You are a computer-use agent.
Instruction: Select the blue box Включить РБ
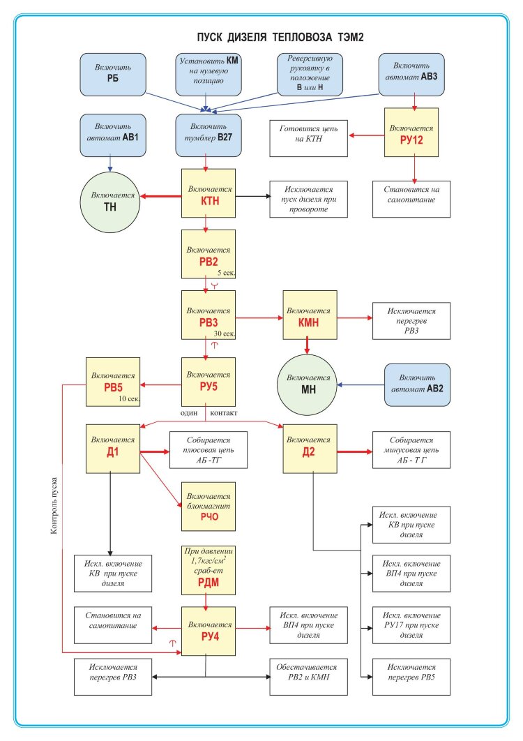[112, 75]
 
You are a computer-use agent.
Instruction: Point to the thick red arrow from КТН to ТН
[161, 197]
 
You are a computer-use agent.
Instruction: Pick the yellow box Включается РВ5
[112, 382]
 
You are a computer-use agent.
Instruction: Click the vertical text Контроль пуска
[54, 507]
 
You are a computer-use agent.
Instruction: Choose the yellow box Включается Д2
[310, 447]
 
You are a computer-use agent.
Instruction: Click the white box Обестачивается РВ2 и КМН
[308, 677]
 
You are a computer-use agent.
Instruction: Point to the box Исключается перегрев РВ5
[411, 677]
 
